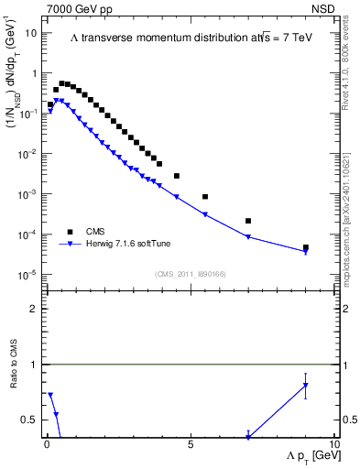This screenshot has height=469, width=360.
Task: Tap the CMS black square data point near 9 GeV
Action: [306, 247]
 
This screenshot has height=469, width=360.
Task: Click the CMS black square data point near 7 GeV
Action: [248, 221]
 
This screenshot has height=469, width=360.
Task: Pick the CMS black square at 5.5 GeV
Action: [205, 197]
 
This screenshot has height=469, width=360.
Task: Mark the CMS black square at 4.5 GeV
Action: [177, 176]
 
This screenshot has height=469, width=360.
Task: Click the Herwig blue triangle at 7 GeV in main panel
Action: [248, 237]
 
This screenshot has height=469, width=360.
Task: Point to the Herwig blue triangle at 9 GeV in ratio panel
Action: [306, 386]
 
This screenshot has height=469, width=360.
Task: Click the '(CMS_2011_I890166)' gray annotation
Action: [190, 274]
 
